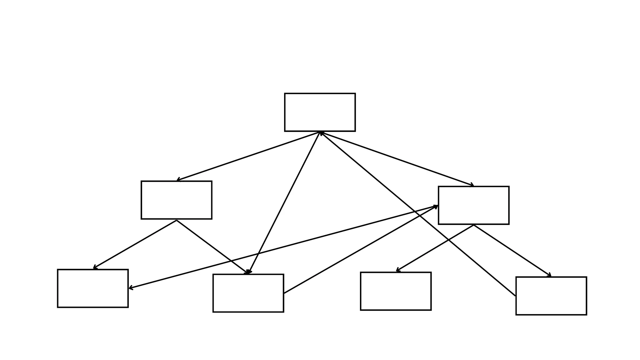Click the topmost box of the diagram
pyautogui.click(x=320, y=112)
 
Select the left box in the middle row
pyautogui.click(x=177, y=200)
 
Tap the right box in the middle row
pyautogui.click(x=473, y=205)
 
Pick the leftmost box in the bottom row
pyautogui.click(x=93, y=288)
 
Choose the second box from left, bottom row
pyautogui.click(x=248, y=293)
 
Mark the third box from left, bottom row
pyautogui.click(x=396, y=291)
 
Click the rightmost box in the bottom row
pyautogui.click(x=551, y=296)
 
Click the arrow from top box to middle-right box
pyautogui.click(x=397, y=159)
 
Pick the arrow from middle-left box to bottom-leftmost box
pyautogui.click(x=135, y=244)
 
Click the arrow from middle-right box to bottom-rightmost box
pyautogui.click(x=512, y=251)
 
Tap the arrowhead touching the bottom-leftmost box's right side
pyautogui.click(x=131, y=287)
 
